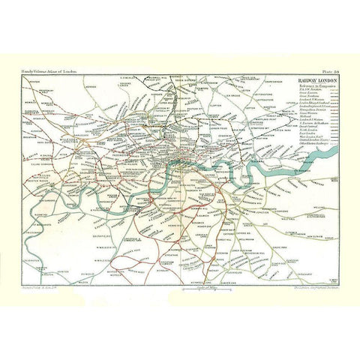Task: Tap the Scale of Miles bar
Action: (x=180, y=289)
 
